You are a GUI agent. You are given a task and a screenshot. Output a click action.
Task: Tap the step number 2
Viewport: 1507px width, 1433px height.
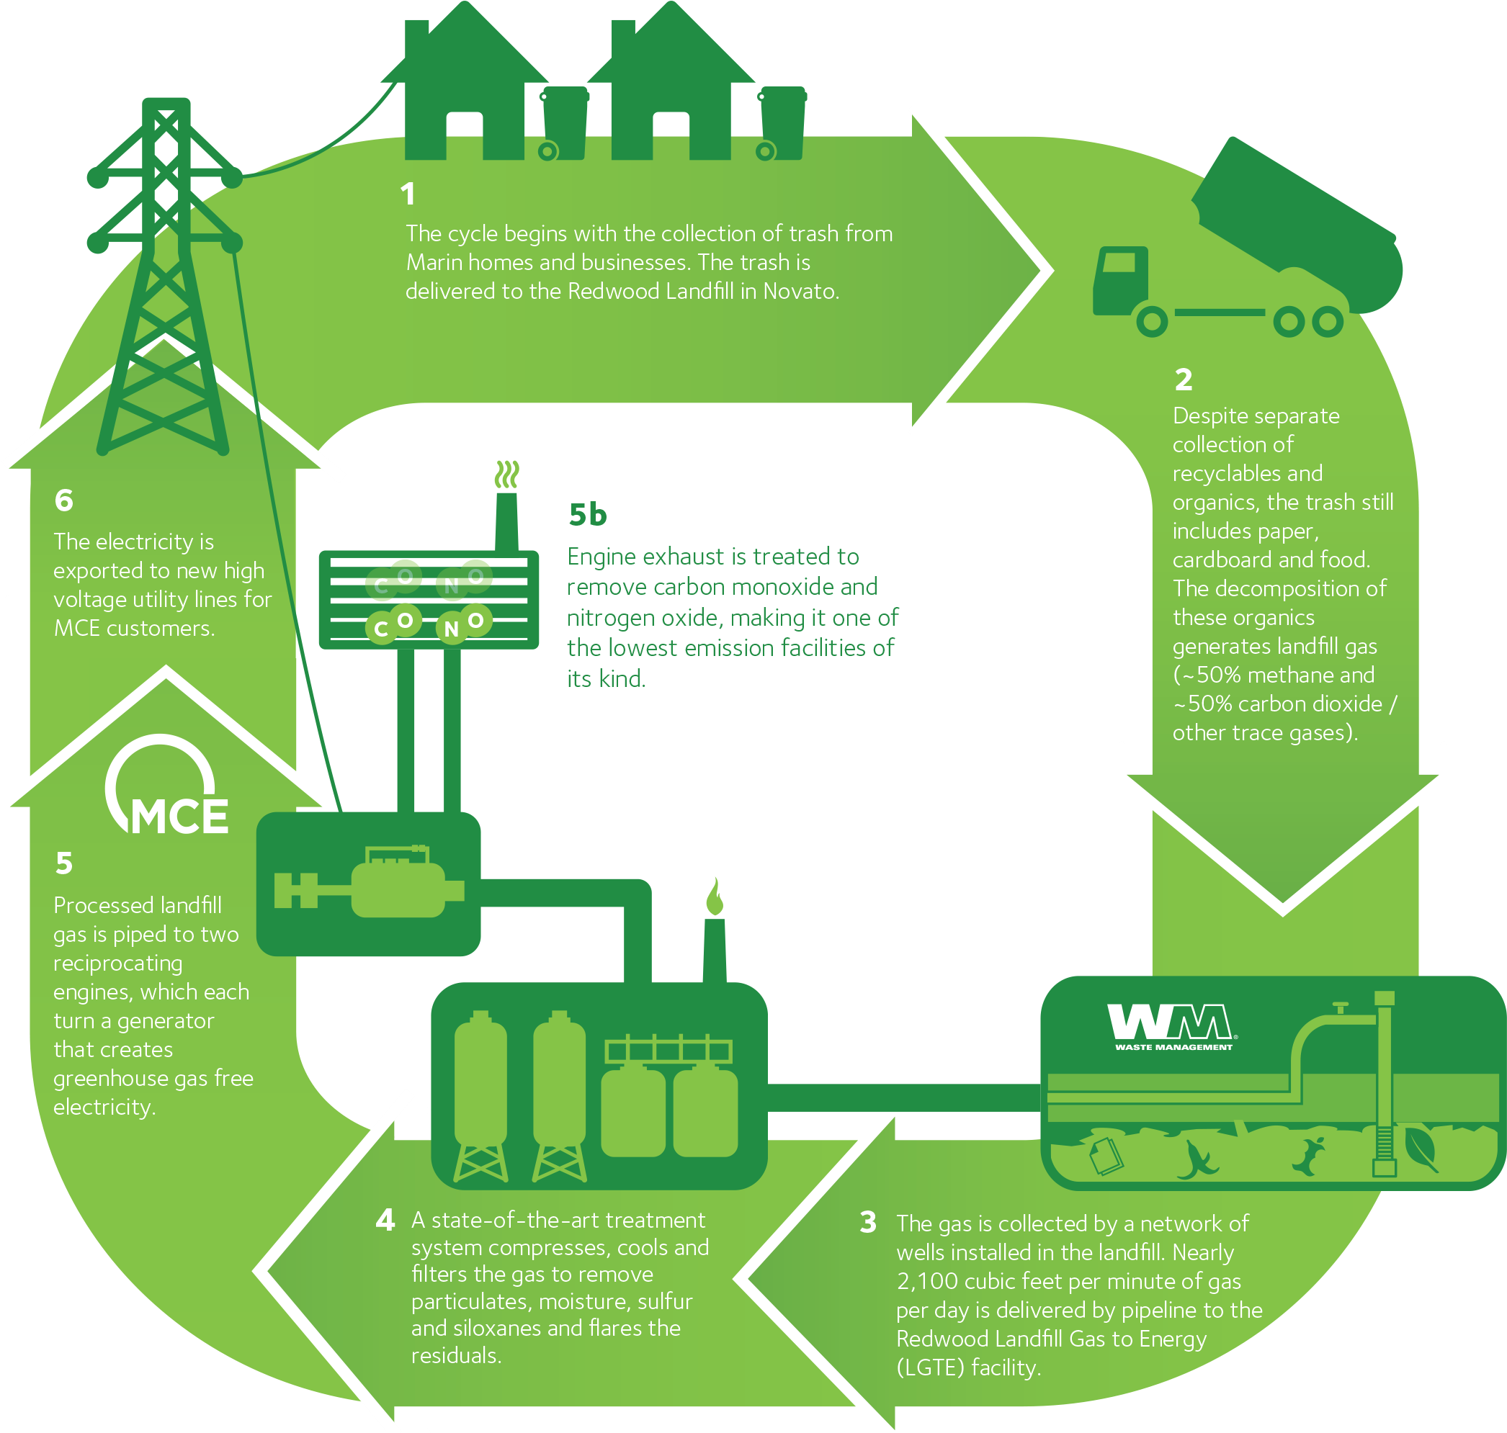click(1183, 379)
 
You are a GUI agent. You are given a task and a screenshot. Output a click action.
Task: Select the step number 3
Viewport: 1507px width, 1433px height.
click(868, 1222)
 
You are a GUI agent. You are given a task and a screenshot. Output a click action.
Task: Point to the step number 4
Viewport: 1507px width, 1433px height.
click(385, 1220)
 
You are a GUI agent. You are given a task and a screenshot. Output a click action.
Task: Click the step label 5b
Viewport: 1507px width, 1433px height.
click(587, 515)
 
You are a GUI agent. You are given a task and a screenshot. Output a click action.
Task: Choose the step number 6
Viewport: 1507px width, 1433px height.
click(64, 501)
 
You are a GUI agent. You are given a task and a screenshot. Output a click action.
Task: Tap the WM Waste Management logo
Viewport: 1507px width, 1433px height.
click(1172, 1027)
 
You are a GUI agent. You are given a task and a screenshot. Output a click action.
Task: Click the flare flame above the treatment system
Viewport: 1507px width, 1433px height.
click(715, 896)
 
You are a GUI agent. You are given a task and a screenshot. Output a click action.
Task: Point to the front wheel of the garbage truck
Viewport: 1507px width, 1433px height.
click(1152, 322)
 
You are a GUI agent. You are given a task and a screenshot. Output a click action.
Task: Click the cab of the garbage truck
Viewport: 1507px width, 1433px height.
click(1120, 279)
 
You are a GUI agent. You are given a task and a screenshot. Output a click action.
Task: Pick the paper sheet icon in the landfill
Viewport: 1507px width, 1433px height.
click(1106, 1155)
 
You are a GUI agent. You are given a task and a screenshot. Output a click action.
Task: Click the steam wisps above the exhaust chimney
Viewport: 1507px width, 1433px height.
click(506, 475)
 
